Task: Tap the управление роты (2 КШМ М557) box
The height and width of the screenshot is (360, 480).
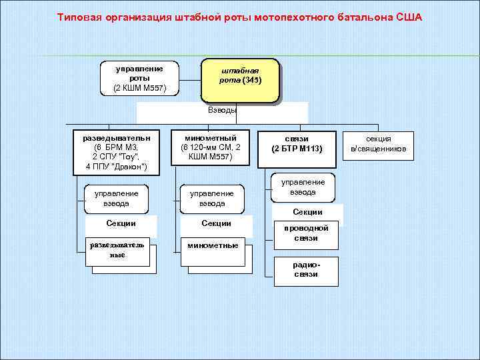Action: (140, 78)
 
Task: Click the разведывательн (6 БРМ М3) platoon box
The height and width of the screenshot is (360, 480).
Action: (117, 151)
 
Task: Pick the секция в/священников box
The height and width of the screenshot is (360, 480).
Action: (378, 143)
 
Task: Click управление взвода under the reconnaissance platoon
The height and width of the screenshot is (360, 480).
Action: (117, 198)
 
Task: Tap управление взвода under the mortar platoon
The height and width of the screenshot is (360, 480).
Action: (212, 198)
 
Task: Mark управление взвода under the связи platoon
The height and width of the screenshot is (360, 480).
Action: (303, 187)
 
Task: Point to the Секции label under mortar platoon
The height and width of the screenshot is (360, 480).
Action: (216, 223)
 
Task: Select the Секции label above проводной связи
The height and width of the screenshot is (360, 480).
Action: (307, 212)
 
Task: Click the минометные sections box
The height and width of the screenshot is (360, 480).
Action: (213, 245)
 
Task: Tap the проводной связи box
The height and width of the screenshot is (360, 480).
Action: (306, 233)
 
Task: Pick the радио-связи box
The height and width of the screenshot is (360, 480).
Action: (306, 269)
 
